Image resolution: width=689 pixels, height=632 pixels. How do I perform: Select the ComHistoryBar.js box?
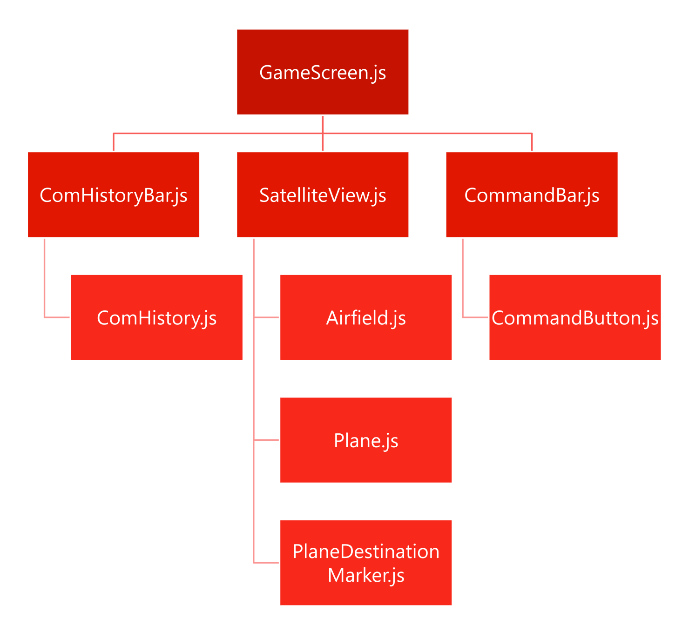click(x=113, y=195)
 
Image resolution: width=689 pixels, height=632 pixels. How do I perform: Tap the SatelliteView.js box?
click(x=322, y=195)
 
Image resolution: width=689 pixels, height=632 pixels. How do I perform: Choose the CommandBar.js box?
click(x=531, y=195)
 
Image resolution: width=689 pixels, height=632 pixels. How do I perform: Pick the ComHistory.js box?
click(x=156, y=317)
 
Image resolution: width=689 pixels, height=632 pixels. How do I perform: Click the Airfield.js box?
click(x=365, y=317)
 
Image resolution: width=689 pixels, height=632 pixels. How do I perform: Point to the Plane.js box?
click(x=365, y=440)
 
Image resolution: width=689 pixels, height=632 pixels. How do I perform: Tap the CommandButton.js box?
click(x=574, y=317)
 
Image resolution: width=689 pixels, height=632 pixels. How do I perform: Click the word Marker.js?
click(x=366, y=575)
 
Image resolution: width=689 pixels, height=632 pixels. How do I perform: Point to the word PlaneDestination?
click(x=366, y=551)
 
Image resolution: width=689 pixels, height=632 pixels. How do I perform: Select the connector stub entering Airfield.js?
click(x=266, y=317)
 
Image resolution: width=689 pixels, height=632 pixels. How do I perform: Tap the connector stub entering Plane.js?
click(x=266, y=440)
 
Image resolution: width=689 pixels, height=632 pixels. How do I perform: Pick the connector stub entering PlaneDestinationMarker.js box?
click(x=266, y=563)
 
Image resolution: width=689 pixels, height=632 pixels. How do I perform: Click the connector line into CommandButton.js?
click(x=475, y=317)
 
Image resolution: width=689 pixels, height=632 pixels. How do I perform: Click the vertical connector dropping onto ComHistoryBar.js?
click(x=113, y=142)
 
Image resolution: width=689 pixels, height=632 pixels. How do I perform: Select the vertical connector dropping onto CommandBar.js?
click(x=531, y=142)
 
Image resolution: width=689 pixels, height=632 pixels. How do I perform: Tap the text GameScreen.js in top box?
click(x=322, y=73)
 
